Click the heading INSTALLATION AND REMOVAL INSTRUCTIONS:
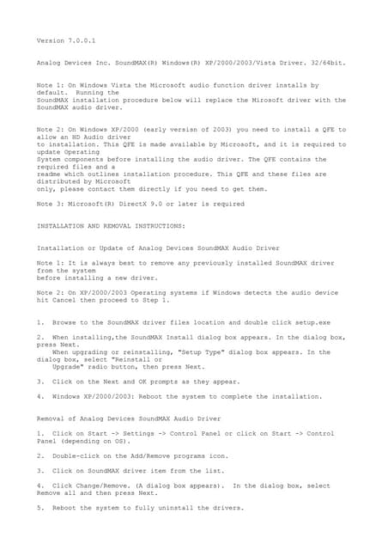pos(111,226)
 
